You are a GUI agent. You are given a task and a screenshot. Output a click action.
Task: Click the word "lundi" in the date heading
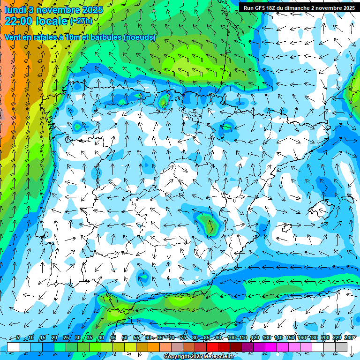tap(15, 10)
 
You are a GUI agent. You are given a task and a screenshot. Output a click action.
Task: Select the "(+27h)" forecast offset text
tap(81, 21)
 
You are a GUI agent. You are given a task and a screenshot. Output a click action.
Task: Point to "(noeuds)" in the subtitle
tap(140, 37)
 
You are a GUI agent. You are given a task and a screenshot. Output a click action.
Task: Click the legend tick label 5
tap(18, 337)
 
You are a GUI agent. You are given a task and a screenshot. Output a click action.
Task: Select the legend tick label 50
tap(124, 337)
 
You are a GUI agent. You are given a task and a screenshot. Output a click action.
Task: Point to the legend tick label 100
tap(231, 337)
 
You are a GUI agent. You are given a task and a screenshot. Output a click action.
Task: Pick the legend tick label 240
tap(348, 337)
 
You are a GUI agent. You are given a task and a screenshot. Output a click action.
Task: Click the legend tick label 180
tap(313, 337)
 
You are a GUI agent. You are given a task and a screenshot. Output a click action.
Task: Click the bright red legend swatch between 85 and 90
tap(212, 347)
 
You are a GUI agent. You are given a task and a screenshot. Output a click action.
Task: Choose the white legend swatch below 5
tap(13, 347)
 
